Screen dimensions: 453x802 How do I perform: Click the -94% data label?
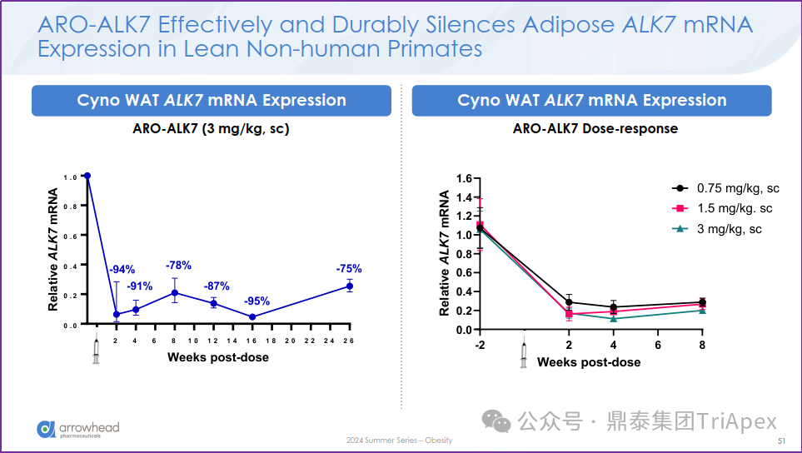(x=122, y=270)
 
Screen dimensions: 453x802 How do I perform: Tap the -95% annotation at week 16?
(x=257, y=301)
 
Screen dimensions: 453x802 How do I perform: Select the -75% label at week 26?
(x=349, y=269)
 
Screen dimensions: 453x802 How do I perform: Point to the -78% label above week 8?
(x=178, y=266)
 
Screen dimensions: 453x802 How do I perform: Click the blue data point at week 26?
(x=349, y=286)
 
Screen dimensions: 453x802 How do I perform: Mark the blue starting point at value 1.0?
(x=87, y=176)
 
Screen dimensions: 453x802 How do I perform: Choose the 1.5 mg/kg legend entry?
(x=724, y=208)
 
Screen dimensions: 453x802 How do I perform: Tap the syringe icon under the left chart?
(x=96, y=351)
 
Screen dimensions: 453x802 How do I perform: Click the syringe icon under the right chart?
(x=524, y=353)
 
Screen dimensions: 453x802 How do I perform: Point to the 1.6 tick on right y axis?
(x=465, y=179)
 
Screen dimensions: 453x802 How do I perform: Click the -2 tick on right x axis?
(x=480, y=345)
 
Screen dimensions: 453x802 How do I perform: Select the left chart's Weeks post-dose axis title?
(x=218, y=357)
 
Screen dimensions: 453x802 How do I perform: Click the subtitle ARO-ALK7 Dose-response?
(x=595, y=129)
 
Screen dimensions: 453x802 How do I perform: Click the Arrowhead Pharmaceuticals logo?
(x=78, y=430)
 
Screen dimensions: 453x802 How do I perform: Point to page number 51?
(x=781, y=441)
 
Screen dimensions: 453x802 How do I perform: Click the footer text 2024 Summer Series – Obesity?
(x=400, y=441)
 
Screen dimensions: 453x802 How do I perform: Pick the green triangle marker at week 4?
(x=613, y=319)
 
